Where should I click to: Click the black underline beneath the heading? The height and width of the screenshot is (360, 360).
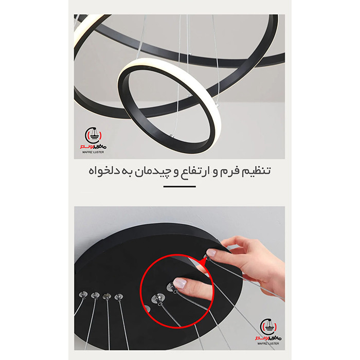point(179,187)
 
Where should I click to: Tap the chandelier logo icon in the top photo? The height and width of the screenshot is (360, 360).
point(93,135)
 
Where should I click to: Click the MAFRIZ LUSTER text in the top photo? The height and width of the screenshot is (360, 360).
point(93,152)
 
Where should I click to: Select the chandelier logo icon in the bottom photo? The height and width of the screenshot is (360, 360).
point(268,327)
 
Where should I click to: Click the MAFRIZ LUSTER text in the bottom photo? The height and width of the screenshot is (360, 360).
point(268,344)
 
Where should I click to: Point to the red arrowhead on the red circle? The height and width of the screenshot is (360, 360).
point(202,261)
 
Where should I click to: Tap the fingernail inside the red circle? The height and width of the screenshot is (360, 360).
point(179,283)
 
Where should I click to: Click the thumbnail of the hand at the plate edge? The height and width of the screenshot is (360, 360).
point(211,253)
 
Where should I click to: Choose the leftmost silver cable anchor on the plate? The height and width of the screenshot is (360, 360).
point(83,295)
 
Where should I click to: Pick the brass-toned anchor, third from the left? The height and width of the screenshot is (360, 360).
point(107,296)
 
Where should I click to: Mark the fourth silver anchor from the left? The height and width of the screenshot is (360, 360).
point(119,297)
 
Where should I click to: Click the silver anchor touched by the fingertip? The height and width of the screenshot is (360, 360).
point(171,287)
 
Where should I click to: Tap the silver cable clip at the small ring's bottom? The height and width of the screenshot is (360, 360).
point(171,136)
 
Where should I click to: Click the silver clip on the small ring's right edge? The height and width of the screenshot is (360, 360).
point(217,105)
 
